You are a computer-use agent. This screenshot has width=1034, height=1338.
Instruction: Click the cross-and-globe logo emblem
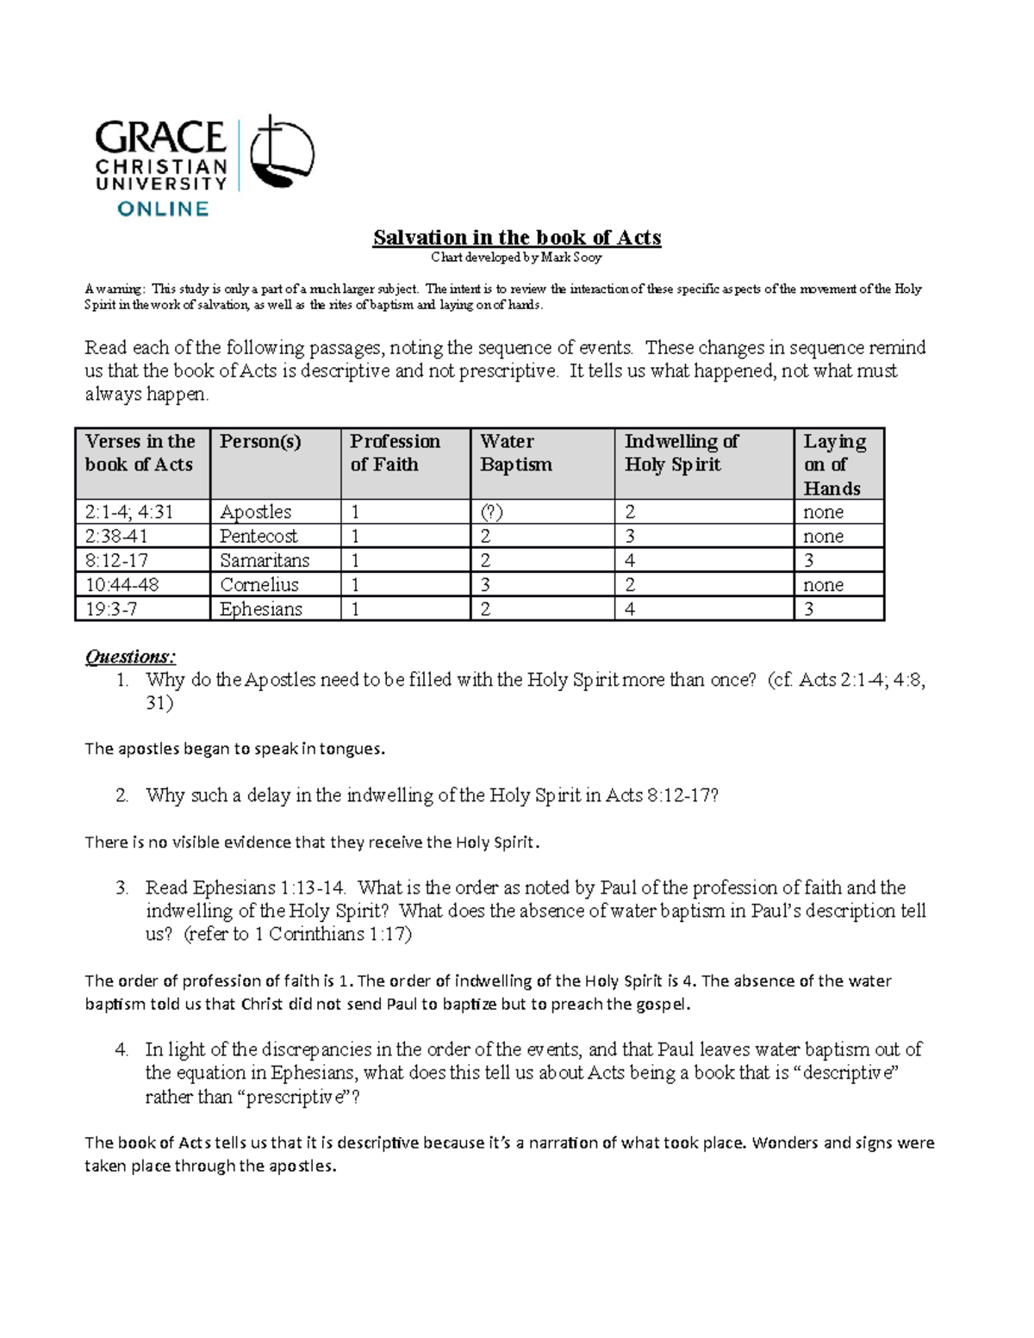tap(282, 155)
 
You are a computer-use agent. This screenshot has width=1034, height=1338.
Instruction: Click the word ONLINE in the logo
tap(163, 208)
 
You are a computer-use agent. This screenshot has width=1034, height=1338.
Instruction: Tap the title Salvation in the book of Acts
tap(516, 238)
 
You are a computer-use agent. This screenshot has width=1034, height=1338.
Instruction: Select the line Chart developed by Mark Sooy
tap(516, 257)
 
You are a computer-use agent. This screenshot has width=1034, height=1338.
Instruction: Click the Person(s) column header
tap(260, 442)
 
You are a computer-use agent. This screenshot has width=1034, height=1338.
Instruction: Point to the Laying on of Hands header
tap(834, 464)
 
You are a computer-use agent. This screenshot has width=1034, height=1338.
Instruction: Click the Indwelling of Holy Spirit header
tap(681, 453)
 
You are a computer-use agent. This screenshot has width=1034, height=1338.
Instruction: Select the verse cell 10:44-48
tap(121, 585)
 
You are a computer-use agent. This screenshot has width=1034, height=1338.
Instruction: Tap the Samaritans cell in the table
tap(265, 560)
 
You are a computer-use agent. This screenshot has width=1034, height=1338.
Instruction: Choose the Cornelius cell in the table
tap(259, 585)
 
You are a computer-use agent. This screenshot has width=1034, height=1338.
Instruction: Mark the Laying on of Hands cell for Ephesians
tap(809, 609)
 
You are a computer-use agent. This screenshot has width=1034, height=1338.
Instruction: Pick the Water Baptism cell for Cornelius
tap(486, 585)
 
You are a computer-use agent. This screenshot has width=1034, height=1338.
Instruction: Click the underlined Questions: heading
tap(130, 657)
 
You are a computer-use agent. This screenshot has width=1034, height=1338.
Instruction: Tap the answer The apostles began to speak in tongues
tap(234, 749)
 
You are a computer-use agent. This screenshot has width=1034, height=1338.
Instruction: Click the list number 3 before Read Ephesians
tap(121, 887)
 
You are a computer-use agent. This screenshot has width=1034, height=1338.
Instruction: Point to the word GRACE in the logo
tap(160, 137)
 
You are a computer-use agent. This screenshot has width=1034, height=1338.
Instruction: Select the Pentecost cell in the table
tap(258, 536)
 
